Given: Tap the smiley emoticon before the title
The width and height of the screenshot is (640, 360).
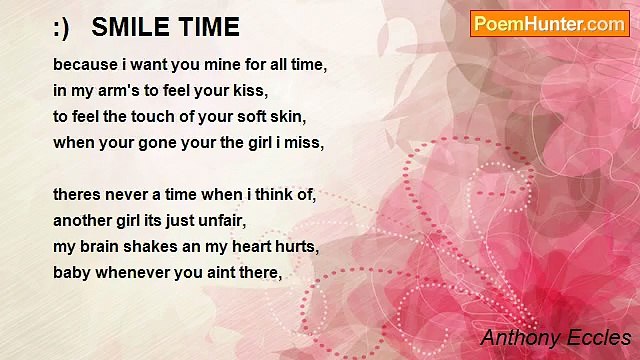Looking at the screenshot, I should (x=61, y=26).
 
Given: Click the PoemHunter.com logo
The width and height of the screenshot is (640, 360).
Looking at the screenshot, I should (x=549, y=24).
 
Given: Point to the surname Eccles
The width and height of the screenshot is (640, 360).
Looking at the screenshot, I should (x=598, y=337).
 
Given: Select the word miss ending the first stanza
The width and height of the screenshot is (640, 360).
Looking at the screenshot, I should (x=304, y=142).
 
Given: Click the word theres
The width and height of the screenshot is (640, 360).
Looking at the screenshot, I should (x=77, y=194).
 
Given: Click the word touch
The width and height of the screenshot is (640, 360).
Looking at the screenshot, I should (x=164, y=116).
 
